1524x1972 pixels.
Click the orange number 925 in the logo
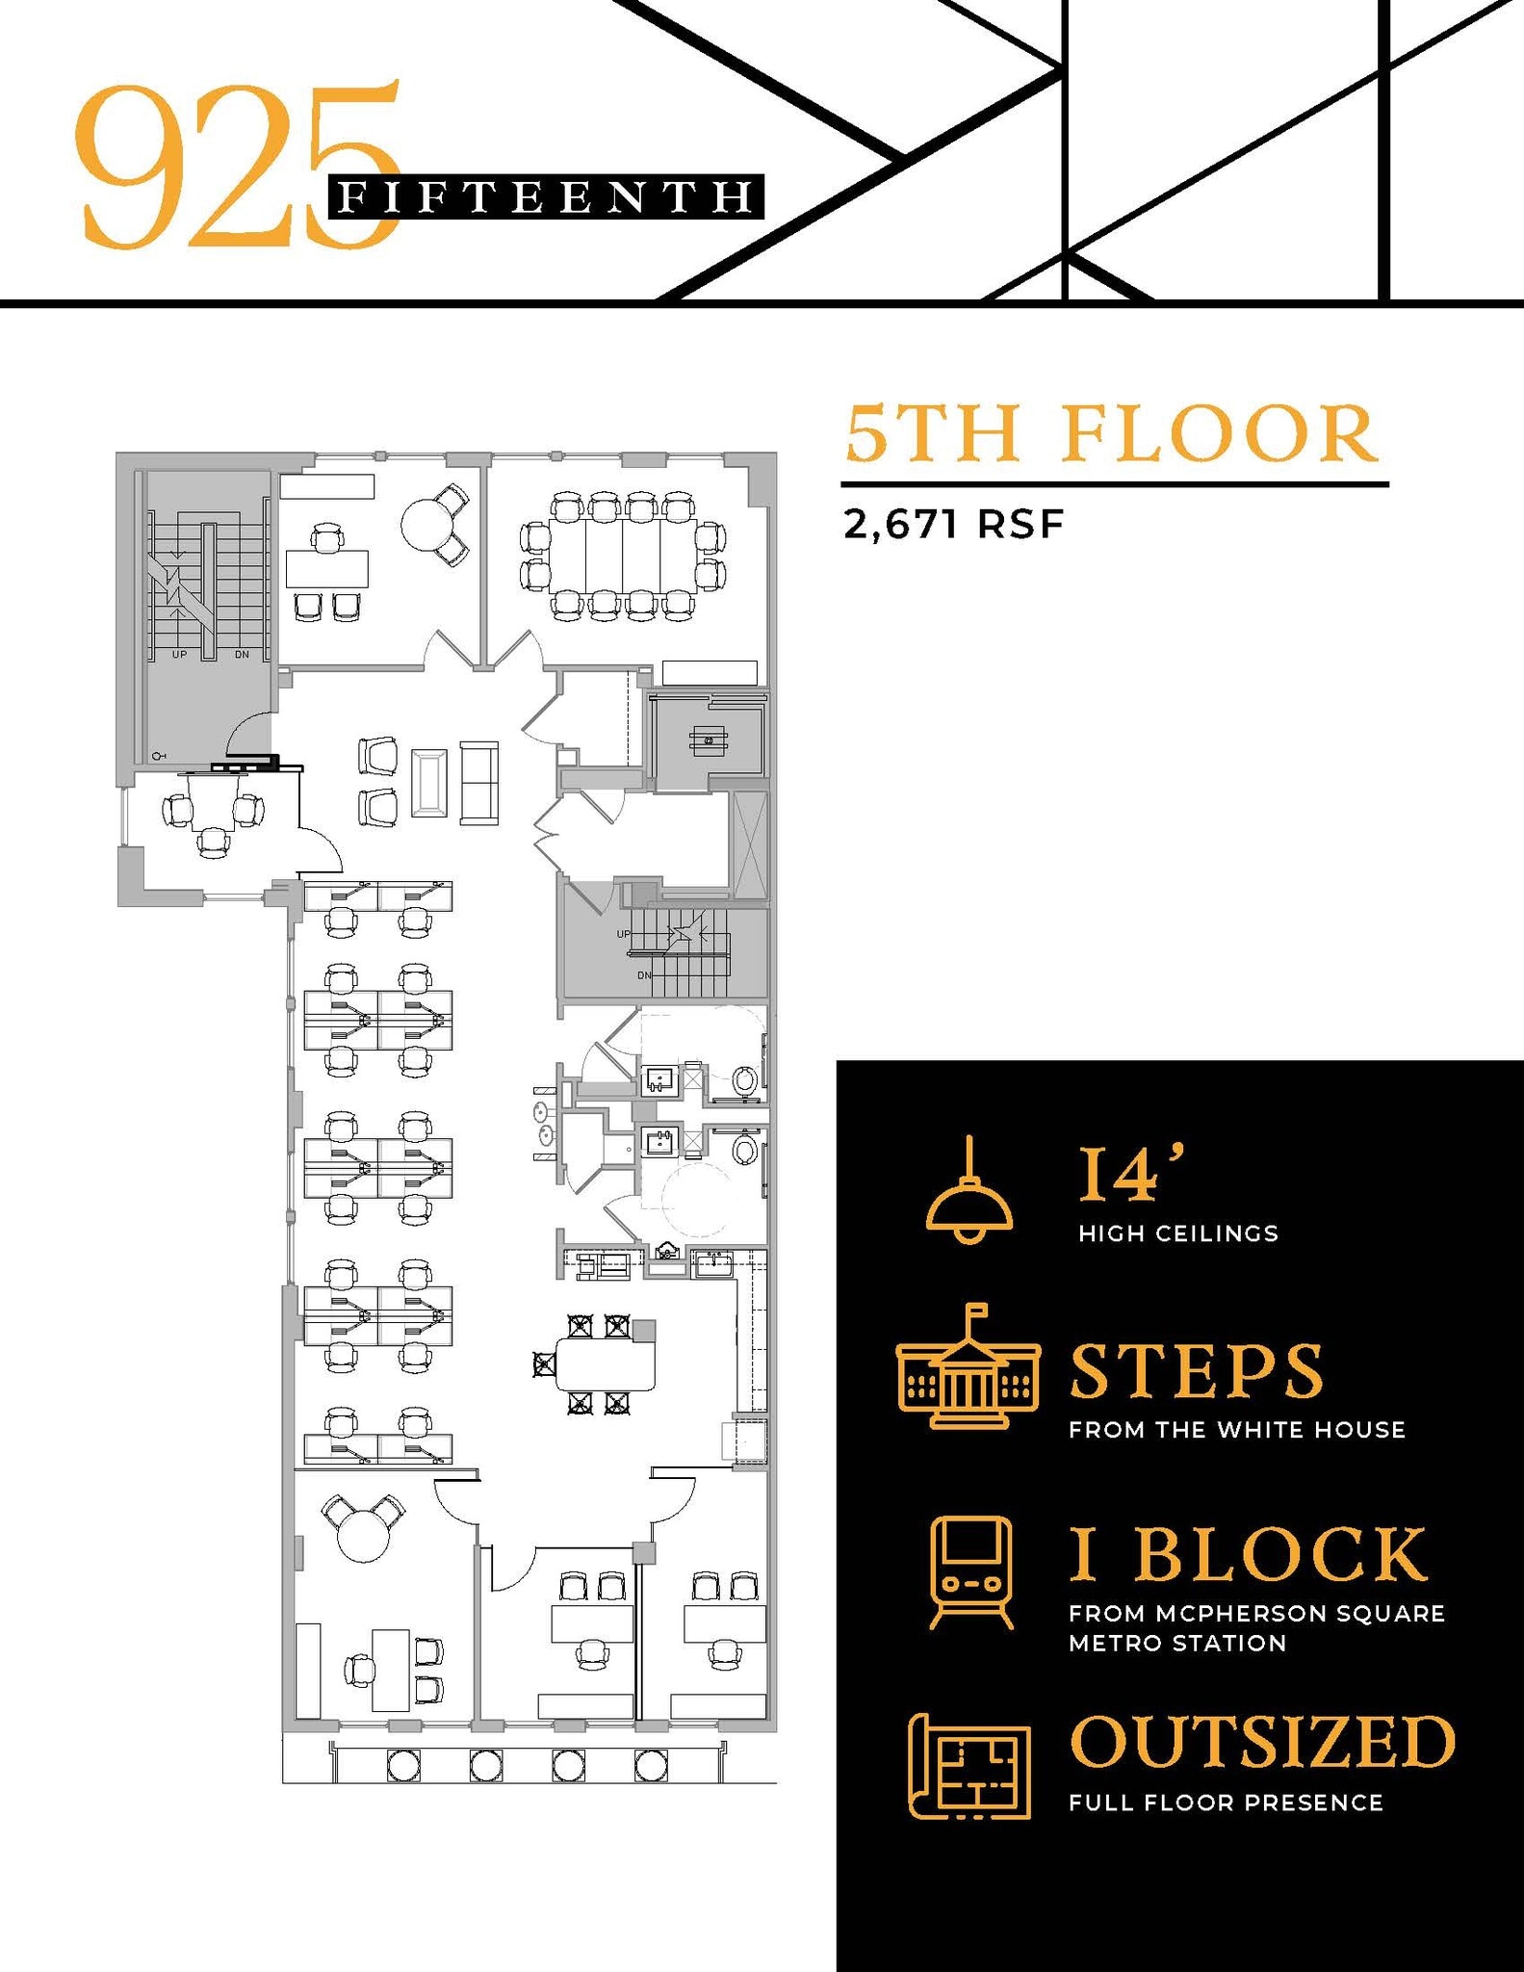coord(236,164)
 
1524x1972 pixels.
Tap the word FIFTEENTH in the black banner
coord(546,197)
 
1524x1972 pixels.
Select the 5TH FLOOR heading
coord(1111,435)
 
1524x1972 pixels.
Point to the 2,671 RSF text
coord(953,526)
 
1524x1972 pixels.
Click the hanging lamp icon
coord(969,1194)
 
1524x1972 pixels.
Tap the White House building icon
coord(968,1366)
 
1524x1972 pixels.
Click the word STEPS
coord(1197,1371)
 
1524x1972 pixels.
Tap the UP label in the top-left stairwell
coord(179,655)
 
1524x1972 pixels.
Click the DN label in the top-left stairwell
coord(242,655)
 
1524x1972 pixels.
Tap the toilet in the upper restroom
coord(744,1080)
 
